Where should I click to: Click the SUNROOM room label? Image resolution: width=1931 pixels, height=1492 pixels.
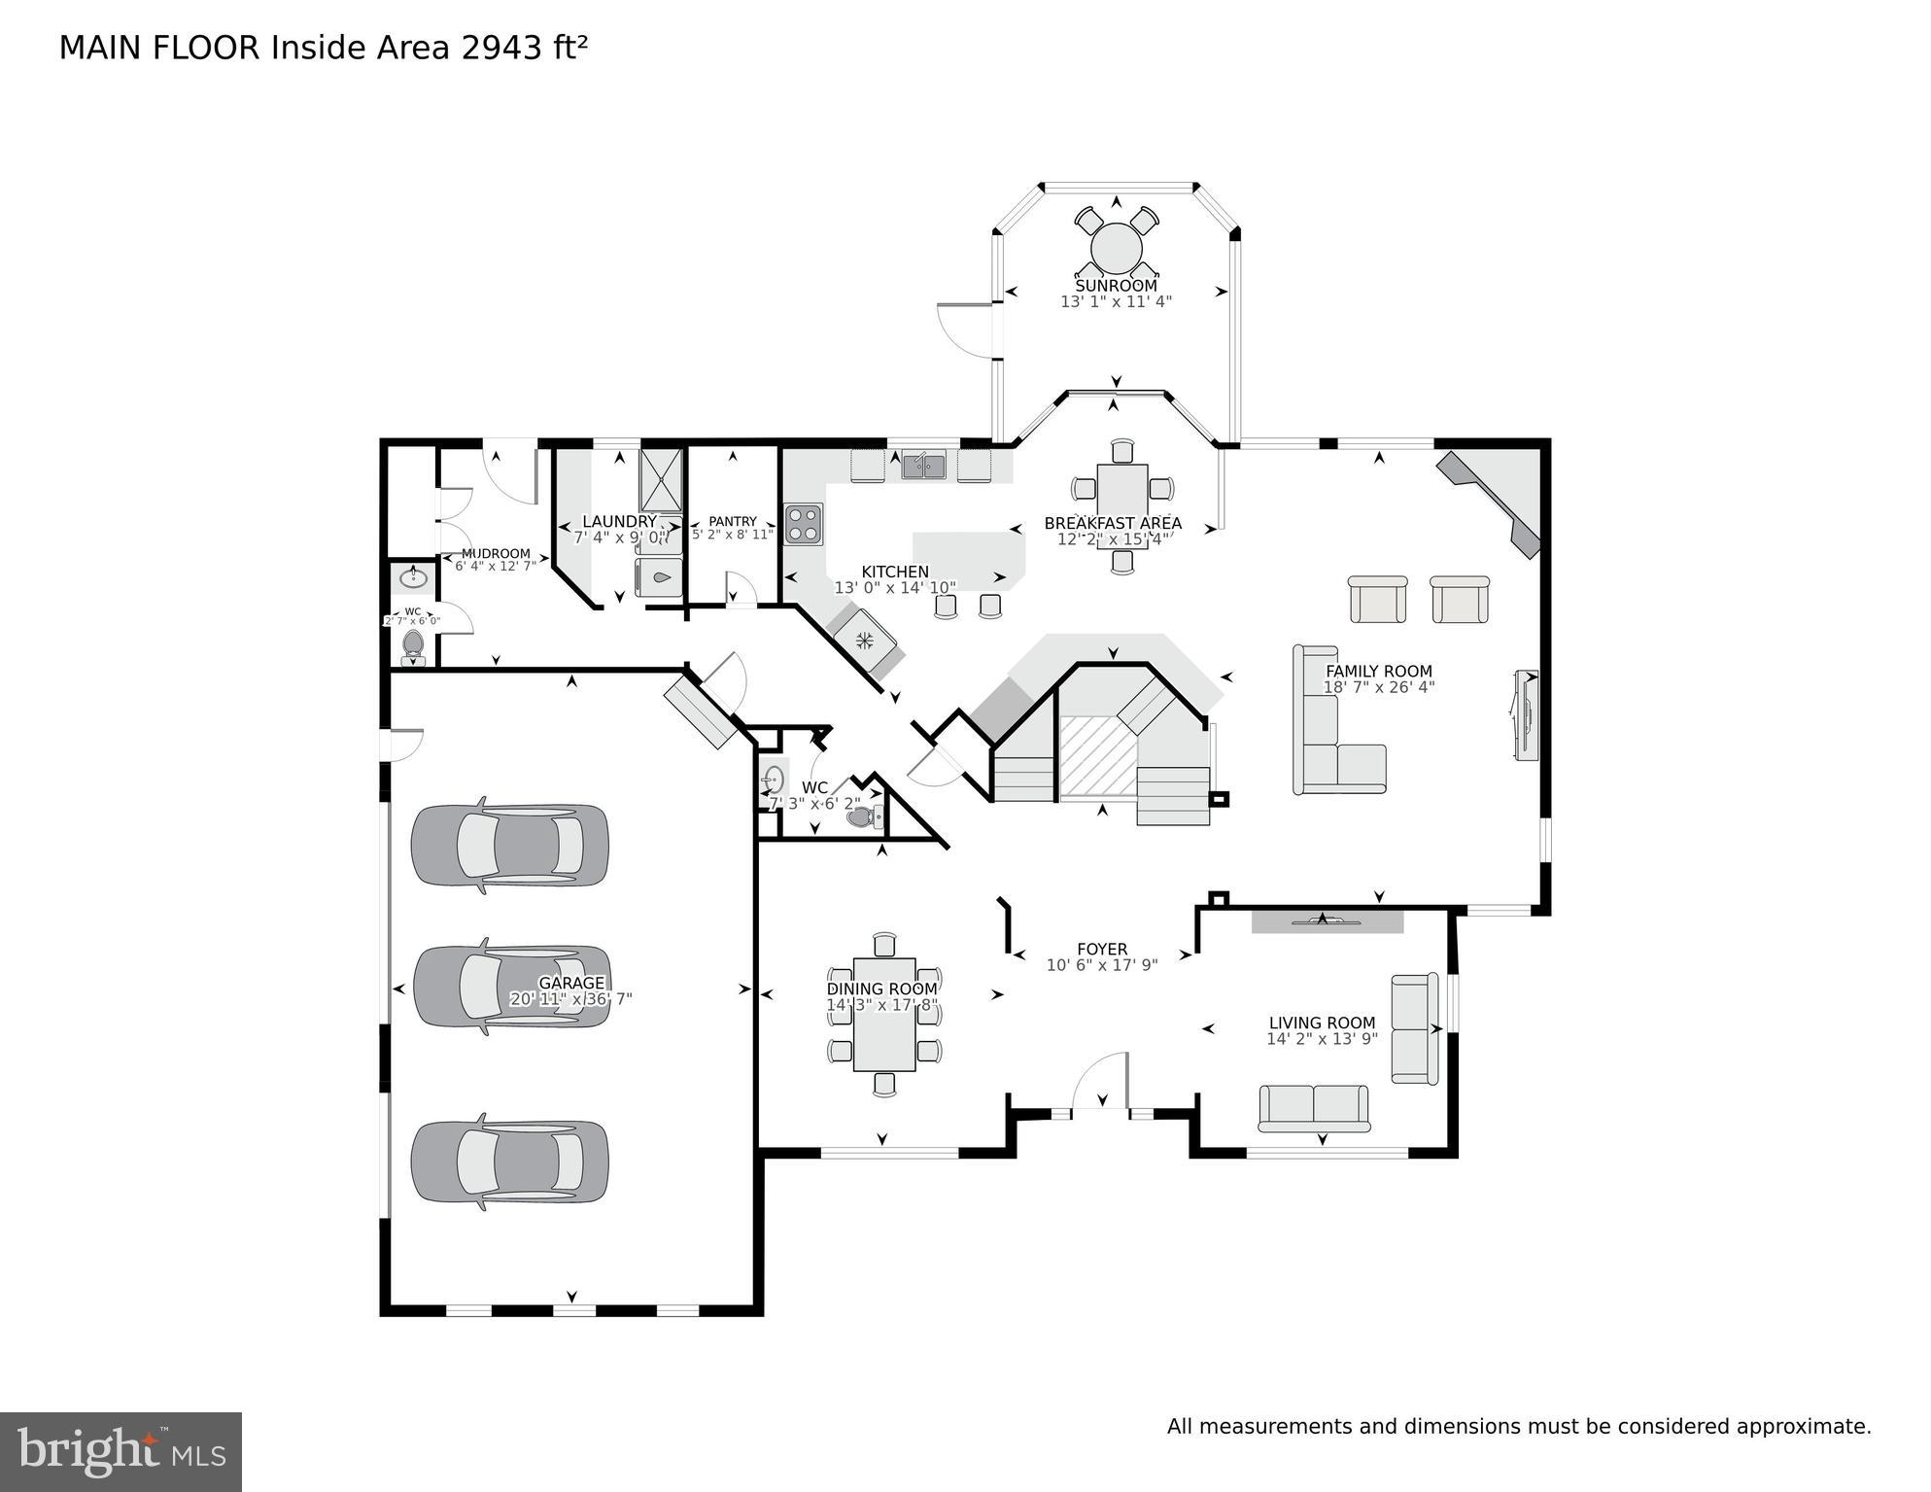coord(1116,286)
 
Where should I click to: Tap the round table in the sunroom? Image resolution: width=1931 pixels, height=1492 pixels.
coord(1116,248)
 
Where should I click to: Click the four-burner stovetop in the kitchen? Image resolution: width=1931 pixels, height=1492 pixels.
coord(804,523)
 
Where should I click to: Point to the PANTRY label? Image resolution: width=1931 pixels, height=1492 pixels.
coord(732,521)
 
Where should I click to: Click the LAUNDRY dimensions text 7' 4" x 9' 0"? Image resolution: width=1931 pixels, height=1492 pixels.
coord(620,537)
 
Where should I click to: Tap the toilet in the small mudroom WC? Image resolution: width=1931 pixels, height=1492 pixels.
coord(413,643)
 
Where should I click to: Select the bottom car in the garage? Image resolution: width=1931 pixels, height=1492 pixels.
coord(510,1163)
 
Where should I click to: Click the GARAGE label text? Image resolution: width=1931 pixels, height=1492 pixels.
coord(571,983)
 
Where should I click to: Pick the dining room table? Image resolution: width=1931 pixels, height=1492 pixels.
coord(883,1014)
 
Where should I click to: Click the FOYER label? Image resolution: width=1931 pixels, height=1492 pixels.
coord(1102,949)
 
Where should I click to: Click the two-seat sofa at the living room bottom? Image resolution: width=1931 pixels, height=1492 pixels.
coord(1314,1108)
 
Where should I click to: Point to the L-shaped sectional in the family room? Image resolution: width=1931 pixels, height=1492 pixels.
coord(1326,739)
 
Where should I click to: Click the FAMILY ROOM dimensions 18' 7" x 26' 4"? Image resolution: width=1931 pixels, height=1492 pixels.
coord(1378,687)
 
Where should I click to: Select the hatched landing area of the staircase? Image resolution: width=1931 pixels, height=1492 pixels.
coord(1097,756)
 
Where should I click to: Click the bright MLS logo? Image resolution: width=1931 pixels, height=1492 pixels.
coord(121,1451)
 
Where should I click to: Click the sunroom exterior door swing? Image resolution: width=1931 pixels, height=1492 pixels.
coord(964,330)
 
